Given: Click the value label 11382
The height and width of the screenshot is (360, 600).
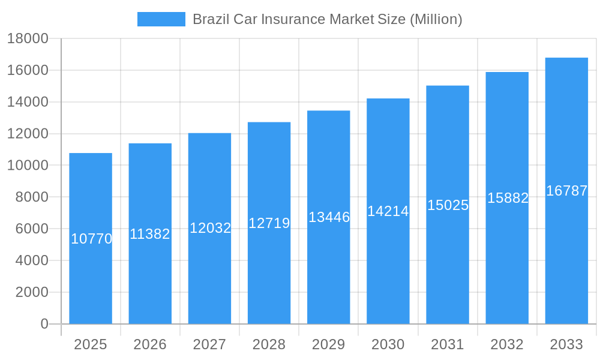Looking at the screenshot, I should pos(150,234).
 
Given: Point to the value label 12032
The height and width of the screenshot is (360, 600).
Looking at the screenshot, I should pos(210,228).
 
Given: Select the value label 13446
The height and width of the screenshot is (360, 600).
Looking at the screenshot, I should pos(329,217).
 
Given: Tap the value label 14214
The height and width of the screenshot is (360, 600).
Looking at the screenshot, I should pos(388,211).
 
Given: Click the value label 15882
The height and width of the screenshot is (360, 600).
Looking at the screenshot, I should pos(508,198).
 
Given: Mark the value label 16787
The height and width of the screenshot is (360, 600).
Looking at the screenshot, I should pos(566,191).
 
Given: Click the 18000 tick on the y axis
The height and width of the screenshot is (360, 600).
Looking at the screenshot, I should pos(28,39).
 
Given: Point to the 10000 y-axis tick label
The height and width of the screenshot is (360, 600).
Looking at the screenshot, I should pos(28,166).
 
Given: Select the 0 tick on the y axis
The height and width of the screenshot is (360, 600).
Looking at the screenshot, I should pos(44,324).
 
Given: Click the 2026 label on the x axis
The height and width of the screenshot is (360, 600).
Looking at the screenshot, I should pos(150,344).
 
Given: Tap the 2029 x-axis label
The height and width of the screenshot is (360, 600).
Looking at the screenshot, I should pos(329,344).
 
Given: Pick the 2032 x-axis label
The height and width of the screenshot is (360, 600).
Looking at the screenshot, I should pos(507,344).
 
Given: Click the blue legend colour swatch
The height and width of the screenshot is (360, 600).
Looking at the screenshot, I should pos(161,19).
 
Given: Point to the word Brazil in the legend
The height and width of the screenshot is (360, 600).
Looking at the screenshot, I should pos(208,19).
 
